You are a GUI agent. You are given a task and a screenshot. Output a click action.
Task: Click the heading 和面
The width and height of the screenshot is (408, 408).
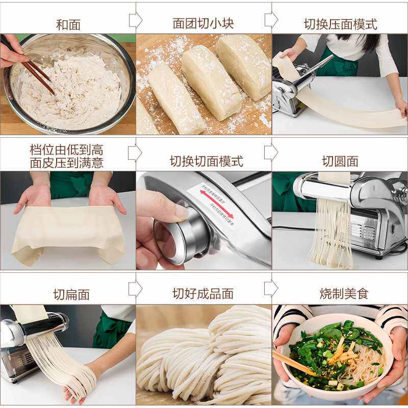point(68,24)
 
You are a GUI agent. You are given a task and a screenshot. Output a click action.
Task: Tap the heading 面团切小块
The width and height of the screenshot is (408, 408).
point(203,23)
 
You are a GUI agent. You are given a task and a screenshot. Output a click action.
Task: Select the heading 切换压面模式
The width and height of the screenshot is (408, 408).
point(340,23)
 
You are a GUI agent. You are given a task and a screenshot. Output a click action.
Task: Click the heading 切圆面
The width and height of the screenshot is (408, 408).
point(340,161)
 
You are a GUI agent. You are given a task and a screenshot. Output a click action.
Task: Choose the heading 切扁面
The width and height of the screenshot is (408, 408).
point(71,294)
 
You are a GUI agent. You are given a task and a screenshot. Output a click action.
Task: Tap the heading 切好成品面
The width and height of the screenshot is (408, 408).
point(203,294)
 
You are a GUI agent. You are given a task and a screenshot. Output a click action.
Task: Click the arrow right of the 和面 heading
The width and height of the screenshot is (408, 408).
point(135,20)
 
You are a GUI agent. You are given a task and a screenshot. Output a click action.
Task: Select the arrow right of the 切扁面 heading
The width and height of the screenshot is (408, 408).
point(135,289)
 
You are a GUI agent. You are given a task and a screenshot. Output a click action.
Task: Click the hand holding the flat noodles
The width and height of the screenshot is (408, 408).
point(76,390)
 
